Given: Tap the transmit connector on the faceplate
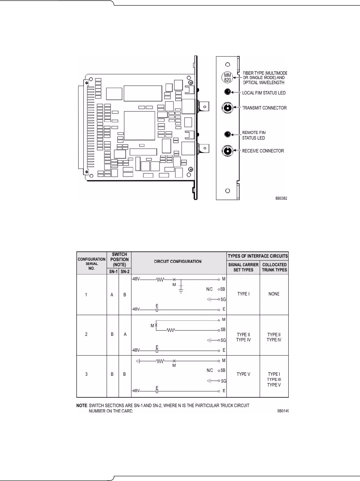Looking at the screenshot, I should point(227,108).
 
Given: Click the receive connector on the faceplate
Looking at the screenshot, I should point(227,151).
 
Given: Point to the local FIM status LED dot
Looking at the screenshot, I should point(227,91).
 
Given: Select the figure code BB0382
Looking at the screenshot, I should point(281,199).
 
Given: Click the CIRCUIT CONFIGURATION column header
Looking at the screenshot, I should point(178,261).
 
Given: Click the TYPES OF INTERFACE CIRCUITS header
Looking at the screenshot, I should point(257,256).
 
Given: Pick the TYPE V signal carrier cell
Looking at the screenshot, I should point(243,374).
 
